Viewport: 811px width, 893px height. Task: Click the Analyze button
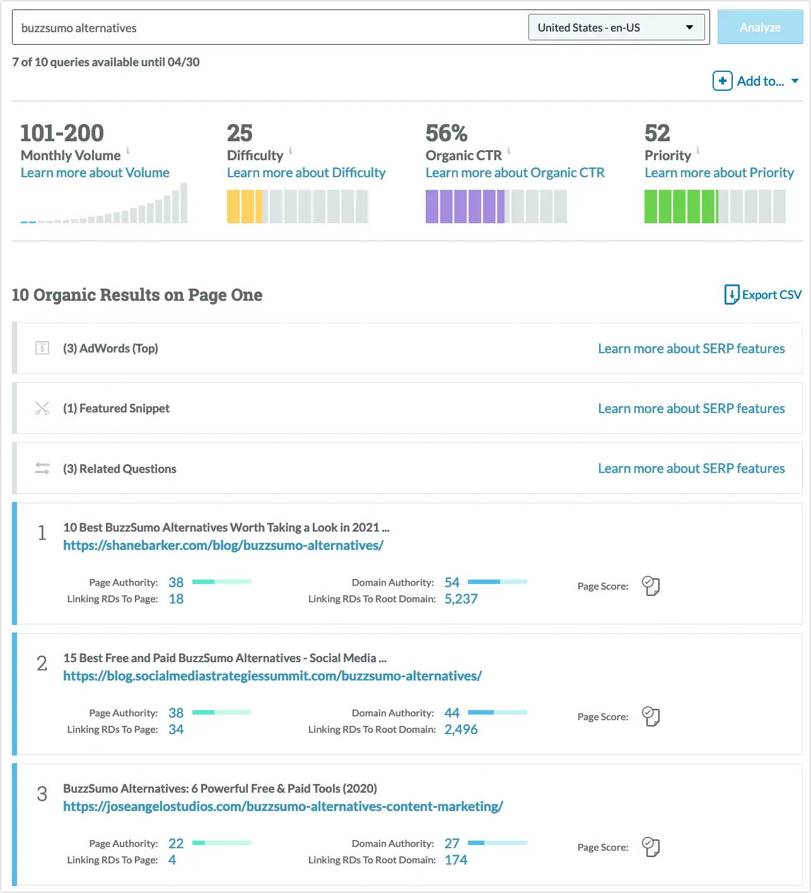tap(760, 27)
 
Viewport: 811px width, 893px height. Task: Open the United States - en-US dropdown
tap(616, 28)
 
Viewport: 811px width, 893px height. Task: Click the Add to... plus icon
tap(722, 81)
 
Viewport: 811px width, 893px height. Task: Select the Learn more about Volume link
tap(95, 173)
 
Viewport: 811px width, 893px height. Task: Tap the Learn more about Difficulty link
tap(306, 173)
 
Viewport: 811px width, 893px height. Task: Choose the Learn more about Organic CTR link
tap(515, 173)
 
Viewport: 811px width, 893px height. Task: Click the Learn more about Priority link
tap(719, 173)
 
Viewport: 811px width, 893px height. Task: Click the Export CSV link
tap(763, 295)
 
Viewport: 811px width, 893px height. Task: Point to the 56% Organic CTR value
tap(446, 133)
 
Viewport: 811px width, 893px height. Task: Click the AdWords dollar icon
tap(42, 348)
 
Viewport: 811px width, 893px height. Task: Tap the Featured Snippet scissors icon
tap(42, 408)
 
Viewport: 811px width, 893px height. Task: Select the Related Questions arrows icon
tap(42, 469)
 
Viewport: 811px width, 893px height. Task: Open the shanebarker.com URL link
tap(223, 546)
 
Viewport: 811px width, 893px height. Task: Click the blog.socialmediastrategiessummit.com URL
tap(272, 676)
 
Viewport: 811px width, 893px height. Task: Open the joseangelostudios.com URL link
tap(283, 807)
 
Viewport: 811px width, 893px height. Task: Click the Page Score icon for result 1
tap(650, 586)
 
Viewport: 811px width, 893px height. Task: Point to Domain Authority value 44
tap(452, 713)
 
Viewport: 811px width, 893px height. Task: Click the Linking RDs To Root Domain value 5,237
tap(461, 599)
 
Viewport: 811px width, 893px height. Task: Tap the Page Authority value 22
tap(176, 843)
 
